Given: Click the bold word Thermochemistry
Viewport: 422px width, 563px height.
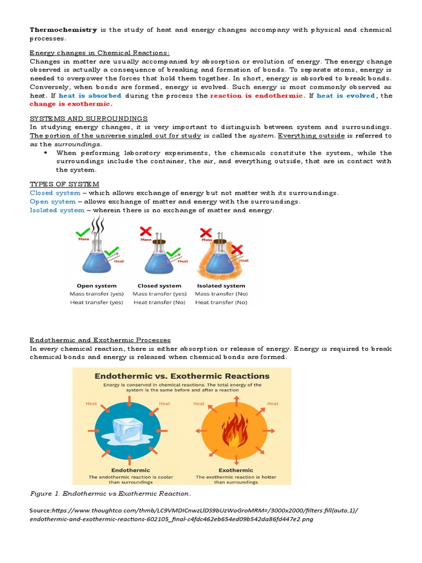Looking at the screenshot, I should [63, 29].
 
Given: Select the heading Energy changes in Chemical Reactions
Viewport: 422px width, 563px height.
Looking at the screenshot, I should [99, 53].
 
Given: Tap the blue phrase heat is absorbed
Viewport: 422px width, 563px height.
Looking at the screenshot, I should [90, 96].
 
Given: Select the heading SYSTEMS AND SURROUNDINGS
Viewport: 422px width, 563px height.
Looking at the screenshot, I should [88, 118].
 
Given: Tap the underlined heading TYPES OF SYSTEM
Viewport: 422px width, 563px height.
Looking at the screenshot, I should [64, 184].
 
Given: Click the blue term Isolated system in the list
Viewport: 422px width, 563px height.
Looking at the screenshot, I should [57, 210].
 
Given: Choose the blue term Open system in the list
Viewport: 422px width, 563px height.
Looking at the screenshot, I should [53, 201].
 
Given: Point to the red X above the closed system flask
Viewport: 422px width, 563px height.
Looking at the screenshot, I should [146, 230].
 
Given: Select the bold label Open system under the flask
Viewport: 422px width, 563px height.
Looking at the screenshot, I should [97, 286].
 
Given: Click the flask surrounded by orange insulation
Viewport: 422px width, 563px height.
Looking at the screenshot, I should [220, 256].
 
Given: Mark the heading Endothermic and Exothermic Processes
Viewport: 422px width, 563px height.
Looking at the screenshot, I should [100, 340].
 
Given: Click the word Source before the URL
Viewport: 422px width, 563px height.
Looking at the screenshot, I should [41, 511].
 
